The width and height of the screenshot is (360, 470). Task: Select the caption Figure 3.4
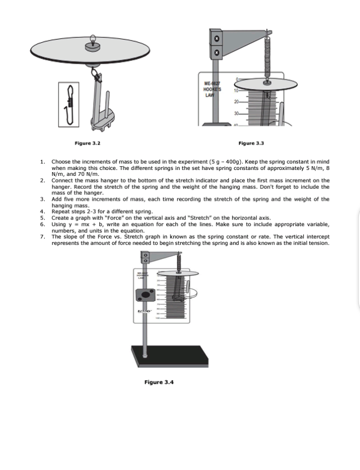pyautogui.click(x=159, y=382)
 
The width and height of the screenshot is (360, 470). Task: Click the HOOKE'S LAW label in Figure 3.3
pyautogui.click(x=210, y=90)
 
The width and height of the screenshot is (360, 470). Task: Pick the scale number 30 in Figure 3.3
pyautogui.click(x=236, y=113)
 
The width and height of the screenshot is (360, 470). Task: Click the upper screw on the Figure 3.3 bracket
pyautogui.click(x=214, y=38)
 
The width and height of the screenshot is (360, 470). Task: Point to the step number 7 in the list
pyautogui.click(x=43, y=236)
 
